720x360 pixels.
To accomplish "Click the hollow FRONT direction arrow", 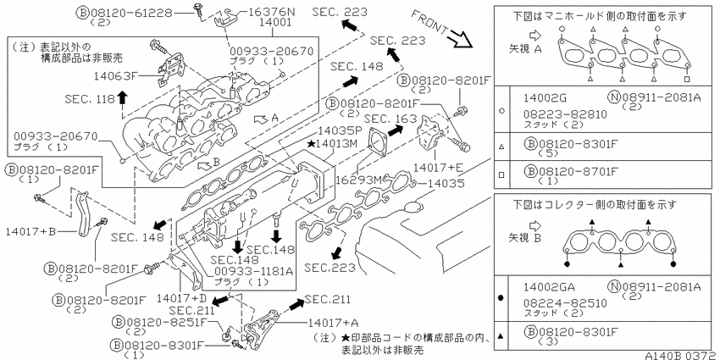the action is (461, 37).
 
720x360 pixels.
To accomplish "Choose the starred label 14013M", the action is (332, 144).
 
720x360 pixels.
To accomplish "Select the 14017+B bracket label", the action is (30, 232).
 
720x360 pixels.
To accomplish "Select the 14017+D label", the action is (176, 298).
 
